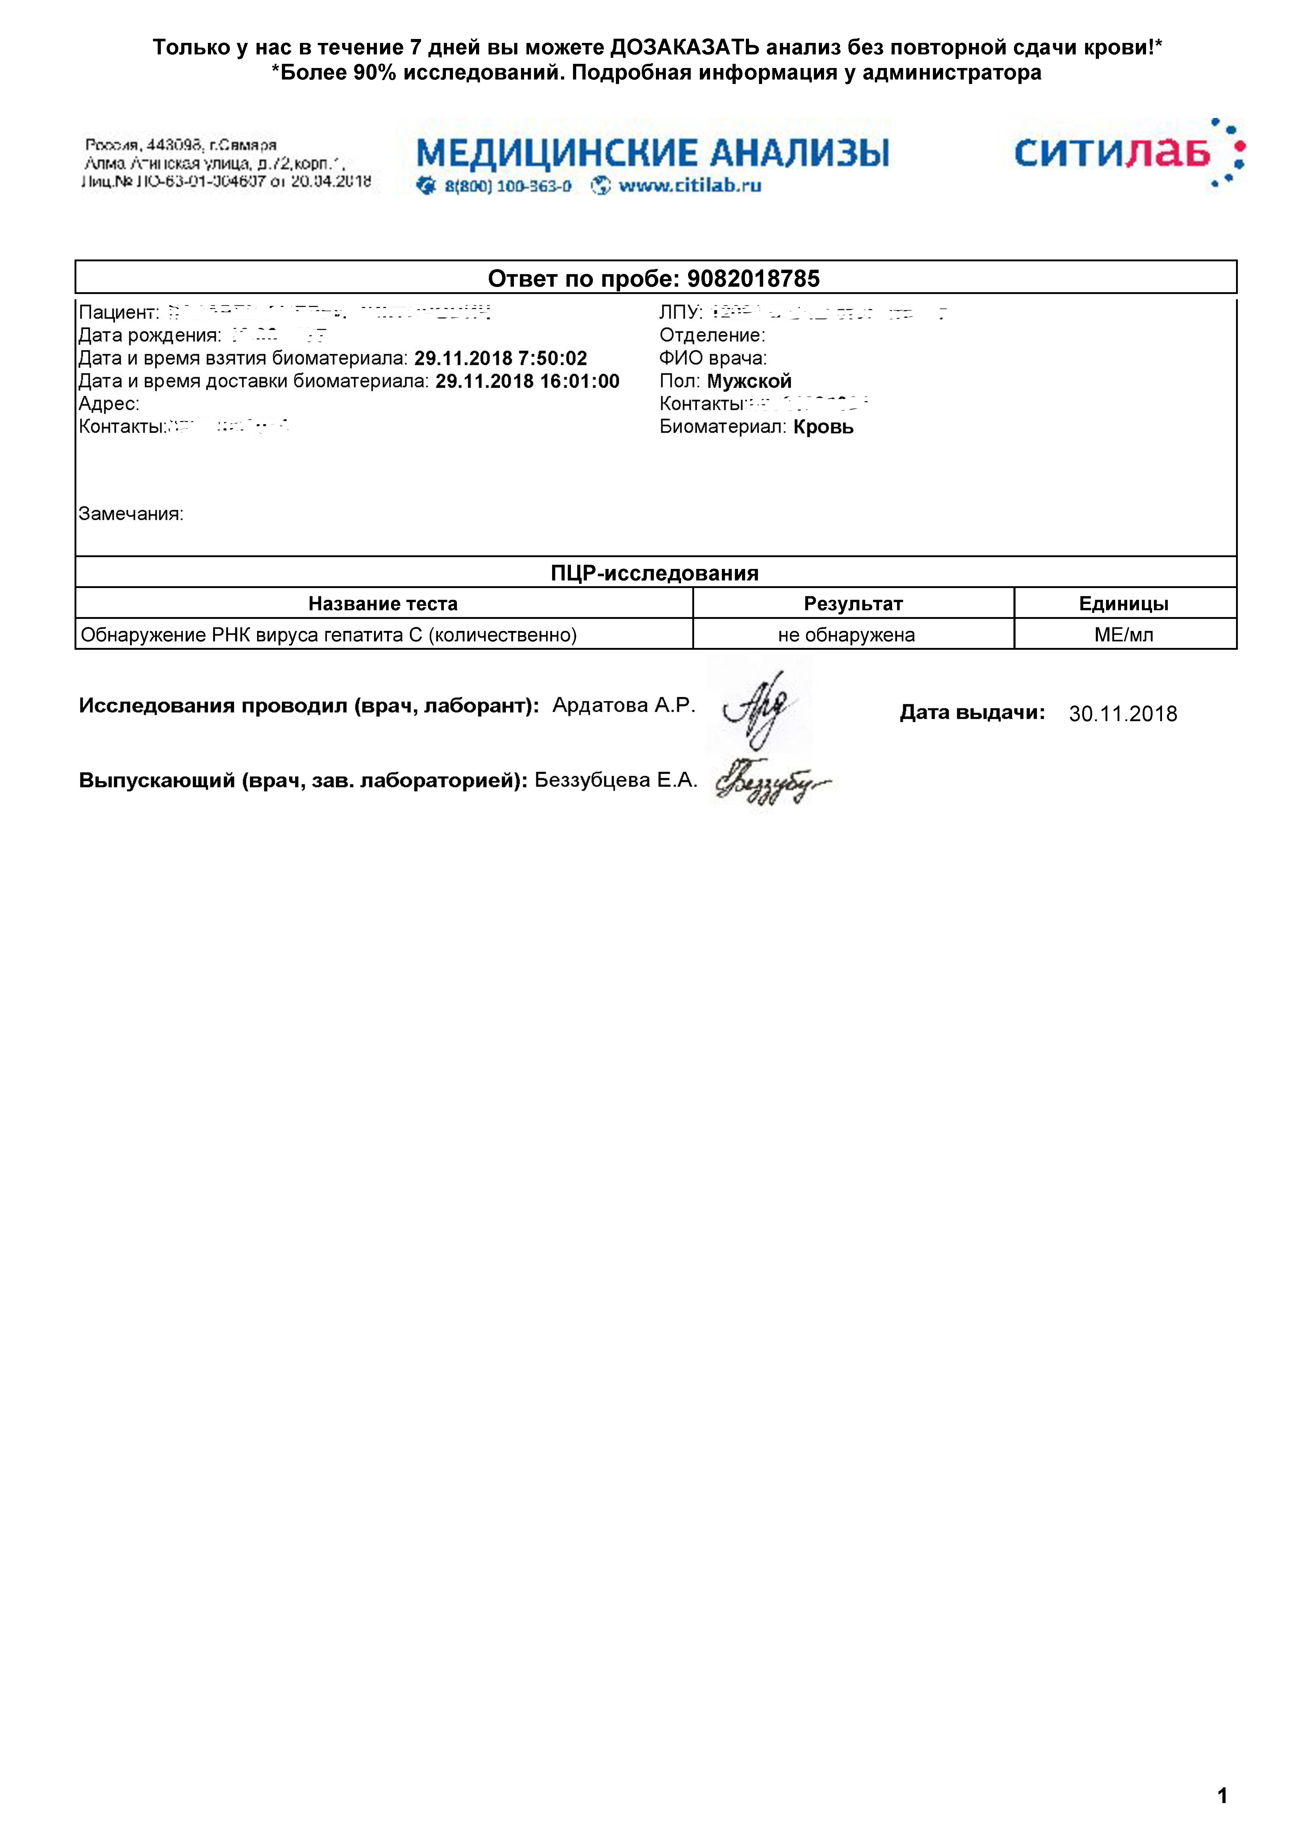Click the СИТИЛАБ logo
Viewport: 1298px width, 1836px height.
point(1128,153)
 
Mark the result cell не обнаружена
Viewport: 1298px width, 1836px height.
point(846,635)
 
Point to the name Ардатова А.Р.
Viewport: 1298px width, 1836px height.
point(624,705)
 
